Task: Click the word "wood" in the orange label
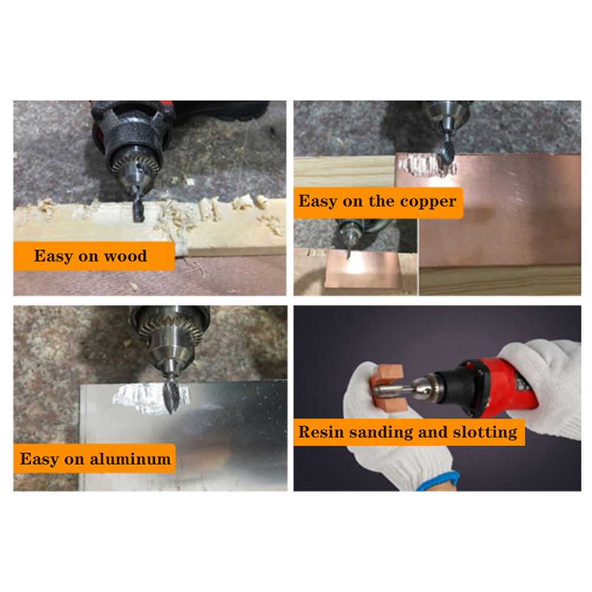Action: pyautogui.click(x=125, y=256)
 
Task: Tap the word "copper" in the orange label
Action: pyautogui.click(x=428, y=202)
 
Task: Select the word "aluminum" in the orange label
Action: pyautogui.click(x=130, y=459)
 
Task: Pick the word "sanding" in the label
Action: pyautogui.click(x=381, y=432)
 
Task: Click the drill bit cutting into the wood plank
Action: pyautogui.click(x=138, y=209)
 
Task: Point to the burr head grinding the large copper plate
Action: pyautogui.click(x=447, y=153)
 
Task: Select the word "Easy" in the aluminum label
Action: pyautogui.click(x=39, y=460)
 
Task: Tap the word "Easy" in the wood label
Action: pyautogui.click(x=53, y=256)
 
